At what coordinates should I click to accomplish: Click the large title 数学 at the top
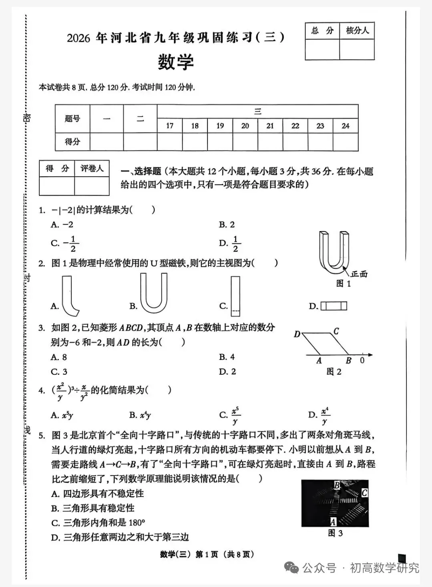point(175,62)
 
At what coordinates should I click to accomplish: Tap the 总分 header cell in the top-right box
point(322,31)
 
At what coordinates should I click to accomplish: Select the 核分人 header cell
point(357,31)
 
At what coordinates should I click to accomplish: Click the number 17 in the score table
point(170,126)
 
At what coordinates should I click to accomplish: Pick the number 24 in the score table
point(345,126)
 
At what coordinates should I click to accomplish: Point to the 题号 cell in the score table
point(72,119)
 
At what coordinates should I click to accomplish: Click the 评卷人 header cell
point(92,169)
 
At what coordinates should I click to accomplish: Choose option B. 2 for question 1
point(227,225)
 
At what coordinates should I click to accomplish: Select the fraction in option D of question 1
point(235,243)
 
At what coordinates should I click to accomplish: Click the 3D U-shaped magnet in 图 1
point(334,252)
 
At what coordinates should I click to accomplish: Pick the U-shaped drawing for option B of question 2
point(154,293)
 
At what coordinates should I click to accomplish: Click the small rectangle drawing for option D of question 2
point(334,306)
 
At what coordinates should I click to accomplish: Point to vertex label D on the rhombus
point(297,334)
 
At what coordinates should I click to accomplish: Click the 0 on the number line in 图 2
point(362,360)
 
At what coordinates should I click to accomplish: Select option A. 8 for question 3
point(59,357)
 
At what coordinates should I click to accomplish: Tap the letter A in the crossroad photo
point(333,522)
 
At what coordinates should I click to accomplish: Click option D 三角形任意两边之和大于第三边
point(120,537)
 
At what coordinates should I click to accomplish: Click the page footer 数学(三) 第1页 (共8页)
point(207,554)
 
